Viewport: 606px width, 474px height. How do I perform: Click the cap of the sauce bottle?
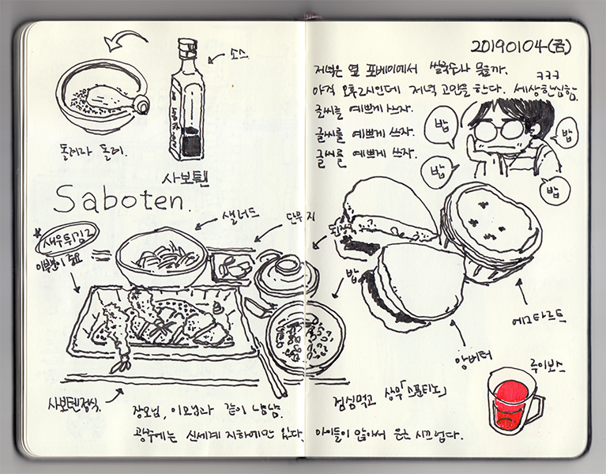pos(186,46)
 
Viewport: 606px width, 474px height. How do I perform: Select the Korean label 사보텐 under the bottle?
pos(185,175)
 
